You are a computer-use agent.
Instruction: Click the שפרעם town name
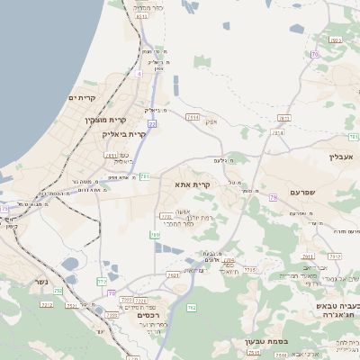click(x=308, y=193)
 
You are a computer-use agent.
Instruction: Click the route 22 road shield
click(x=153, y=123)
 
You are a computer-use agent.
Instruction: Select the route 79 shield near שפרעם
click(x=314, y=55)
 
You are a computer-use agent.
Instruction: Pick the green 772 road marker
click(x=102, y=282)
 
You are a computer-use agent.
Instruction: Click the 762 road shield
click(x=190, y=309)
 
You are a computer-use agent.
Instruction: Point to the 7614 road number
click(x=192, y=117)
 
